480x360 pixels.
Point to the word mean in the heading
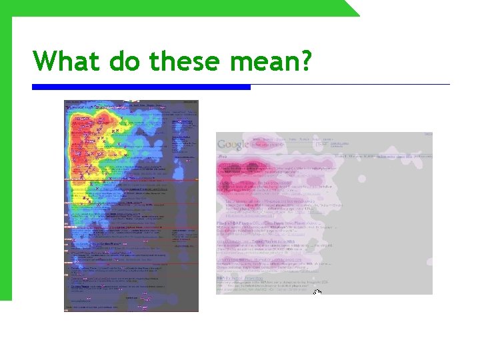pos(263,61)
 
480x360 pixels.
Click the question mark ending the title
pos(306,61)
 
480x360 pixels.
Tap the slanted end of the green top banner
pos(352,9)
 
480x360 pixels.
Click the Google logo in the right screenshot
pos(233,144)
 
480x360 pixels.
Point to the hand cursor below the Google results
pos(317,293)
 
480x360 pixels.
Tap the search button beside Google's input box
pos(321,144)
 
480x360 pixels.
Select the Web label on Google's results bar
pos(223,157)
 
